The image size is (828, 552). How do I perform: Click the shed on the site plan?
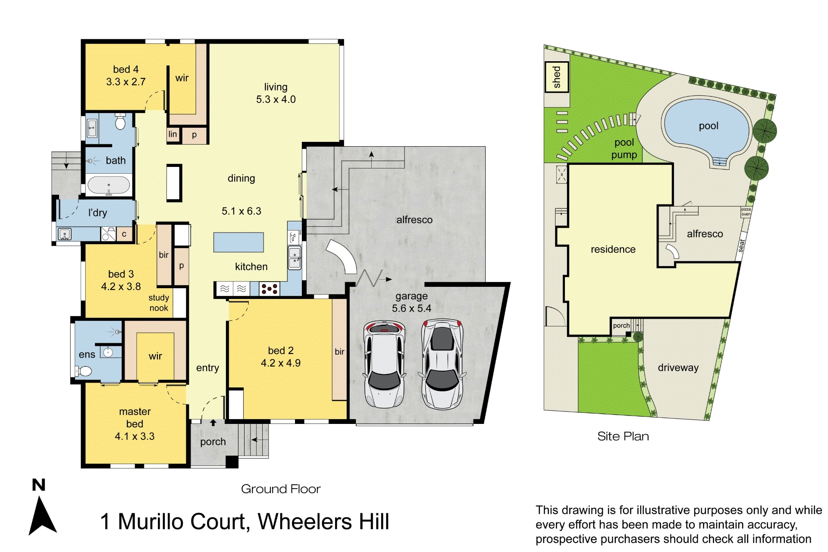(x=556, y=77)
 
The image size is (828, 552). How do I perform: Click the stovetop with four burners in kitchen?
(x=270, y=289)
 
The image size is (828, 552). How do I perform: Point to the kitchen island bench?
(x=238, y=242)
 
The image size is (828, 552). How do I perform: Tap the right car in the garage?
(x=442, y=364)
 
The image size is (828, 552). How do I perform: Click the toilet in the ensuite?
(x=84, y=371)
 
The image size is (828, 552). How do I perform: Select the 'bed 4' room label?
(x=125, y=69)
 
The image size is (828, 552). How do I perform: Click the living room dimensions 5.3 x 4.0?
(x=276, y=100)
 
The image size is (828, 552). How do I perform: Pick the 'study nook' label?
(x=159, y=303)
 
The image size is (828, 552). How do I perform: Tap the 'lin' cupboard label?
(x=172, y=134)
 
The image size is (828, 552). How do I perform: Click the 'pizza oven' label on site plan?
(x=746, y=212)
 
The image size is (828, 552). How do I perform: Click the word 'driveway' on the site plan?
(x=678, y=367)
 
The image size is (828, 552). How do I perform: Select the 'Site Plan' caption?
(x=623, y=436)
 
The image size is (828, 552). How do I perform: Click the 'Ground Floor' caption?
(x=281, y=489)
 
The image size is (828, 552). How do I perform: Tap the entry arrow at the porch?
(x=213, y=423)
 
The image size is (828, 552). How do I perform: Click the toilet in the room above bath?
(x=120, y=123)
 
